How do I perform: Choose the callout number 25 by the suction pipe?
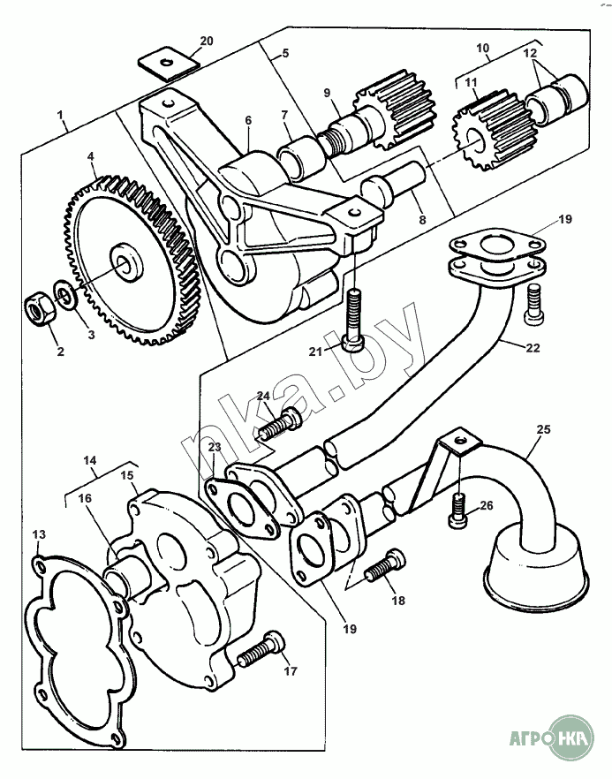[542, 430]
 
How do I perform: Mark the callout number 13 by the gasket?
[39, 535]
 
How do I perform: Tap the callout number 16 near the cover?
[85, 499]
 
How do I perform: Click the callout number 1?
[60, 115]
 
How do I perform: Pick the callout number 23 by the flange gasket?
[215, 448]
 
